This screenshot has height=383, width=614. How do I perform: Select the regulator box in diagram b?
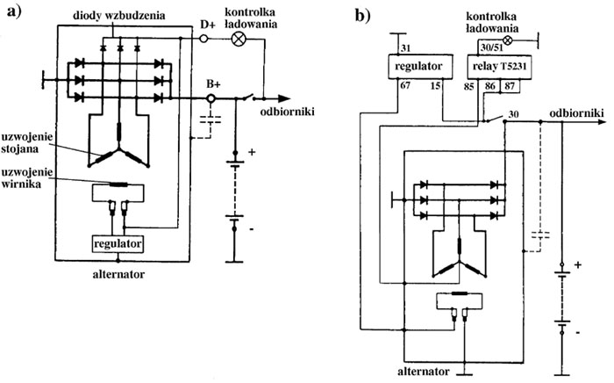click(425, 67)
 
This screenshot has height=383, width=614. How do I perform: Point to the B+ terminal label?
click(213, 83)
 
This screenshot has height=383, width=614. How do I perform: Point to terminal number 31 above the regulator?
click(404, 47)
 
